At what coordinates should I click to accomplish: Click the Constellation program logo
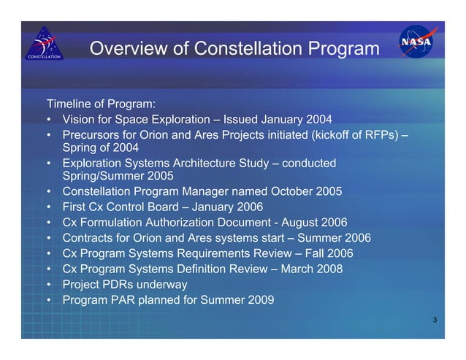45,43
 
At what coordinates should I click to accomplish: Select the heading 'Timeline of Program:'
102,103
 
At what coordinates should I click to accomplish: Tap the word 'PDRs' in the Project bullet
122,284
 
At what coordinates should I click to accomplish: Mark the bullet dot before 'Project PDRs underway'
48,284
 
